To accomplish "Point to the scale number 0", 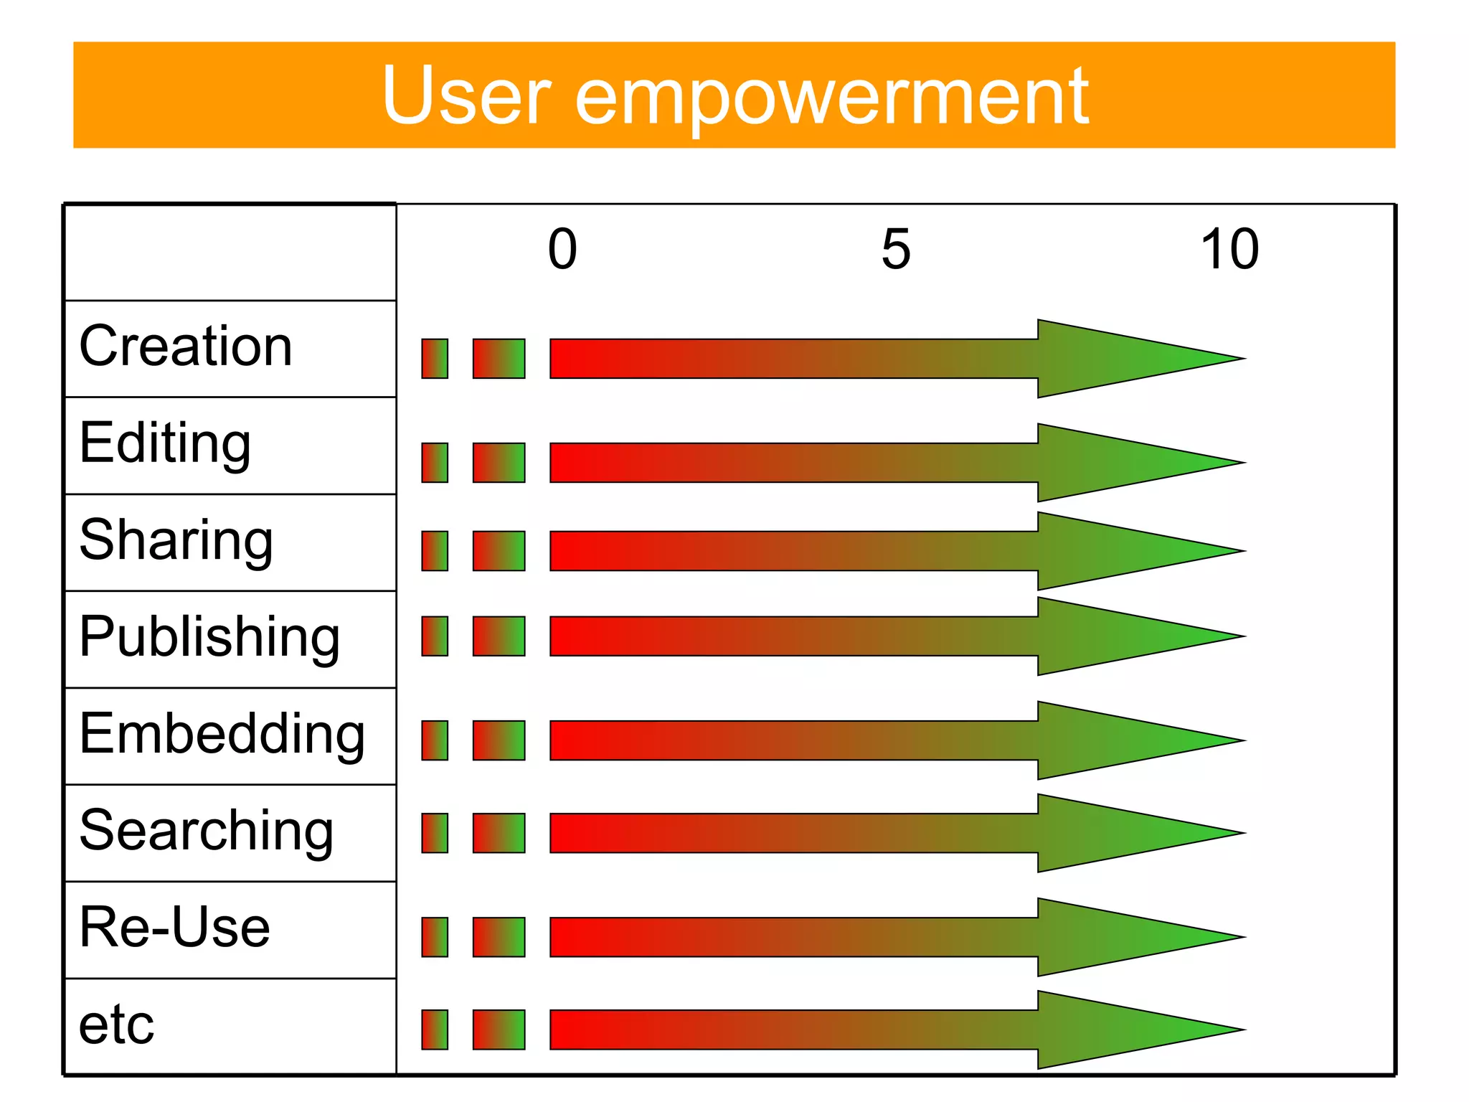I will click(562, 249).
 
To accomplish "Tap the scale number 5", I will click(896, 249).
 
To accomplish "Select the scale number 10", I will click(1229, 249).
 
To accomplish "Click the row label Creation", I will click(186, 346).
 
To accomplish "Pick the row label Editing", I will click(165, 443).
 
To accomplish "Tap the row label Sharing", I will click(176, 540).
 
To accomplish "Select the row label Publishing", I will click(209, 637).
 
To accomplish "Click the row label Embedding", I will click(222, 734).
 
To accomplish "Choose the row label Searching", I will click(207, 831).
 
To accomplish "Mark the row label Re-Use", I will click(174, 927).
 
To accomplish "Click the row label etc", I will click(116, 1025).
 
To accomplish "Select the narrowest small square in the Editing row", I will click(435, 463).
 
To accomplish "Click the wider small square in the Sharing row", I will click(499, 551).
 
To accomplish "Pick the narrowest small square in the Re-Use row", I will click(435, 937).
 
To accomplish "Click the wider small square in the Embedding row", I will click(499, 740).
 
